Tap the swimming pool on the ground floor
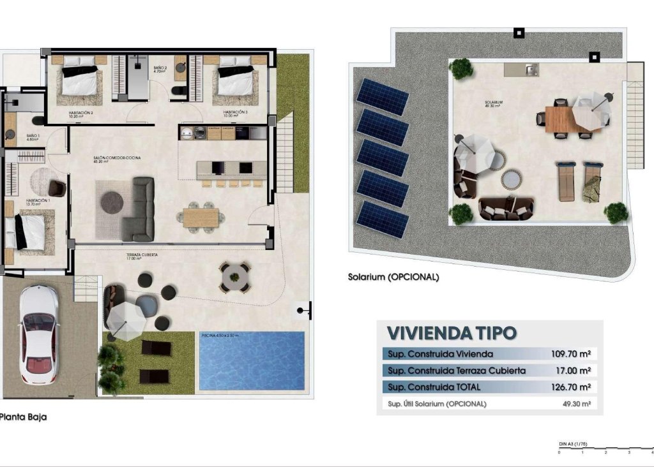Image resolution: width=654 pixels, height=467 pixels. [252, 361]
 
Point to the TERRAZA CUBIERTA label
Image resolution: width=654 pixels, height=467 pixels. [142, 255]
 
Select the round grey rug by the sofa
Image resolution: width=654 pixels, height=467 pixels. [112, 202]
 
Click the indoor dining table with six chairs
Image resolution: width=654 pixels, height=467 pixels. [201, 218]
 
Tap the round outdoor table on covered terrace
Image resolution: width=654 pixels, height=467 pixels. [234, 276]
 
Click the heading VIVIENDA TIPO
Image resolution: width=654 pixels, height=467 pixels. [452, 333]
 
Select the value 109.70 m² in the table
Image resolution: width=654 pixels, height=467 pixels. [570, 353]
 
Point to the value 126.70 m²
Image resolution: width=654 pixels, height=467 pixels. [570, 387]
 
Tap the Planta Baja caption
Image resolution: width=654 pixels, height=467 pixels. [24, 417]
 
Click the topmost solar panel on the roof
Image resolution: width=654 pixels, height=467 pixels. [383, 97]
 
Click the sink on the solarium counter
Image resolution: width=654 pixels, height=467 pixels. [529, 70]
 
